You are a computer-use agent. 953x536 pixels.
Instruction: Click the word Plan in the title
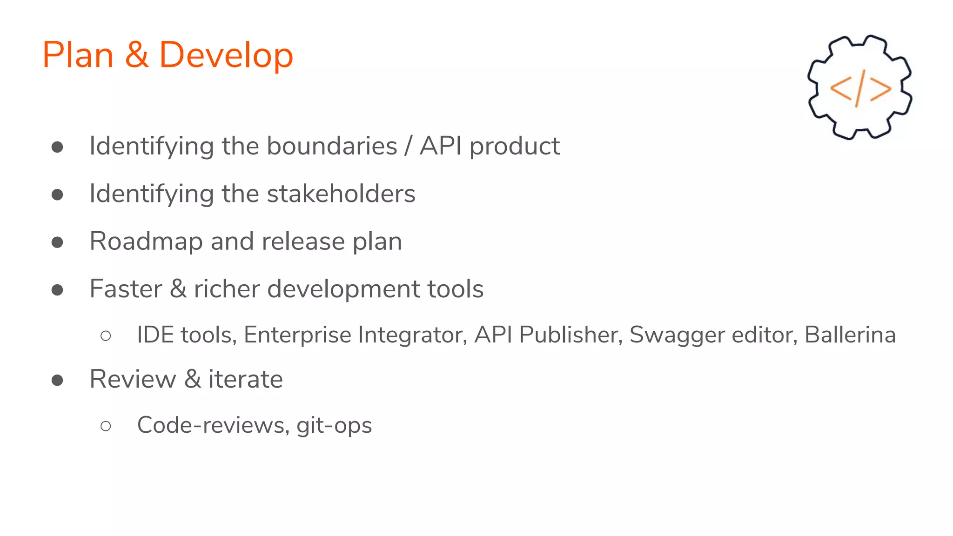(78, 55)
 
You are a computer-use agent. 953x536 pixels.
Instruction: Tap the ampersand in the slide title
(136, 55)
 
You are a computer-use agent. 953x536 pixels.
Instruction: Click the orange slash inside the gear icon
(860, 88)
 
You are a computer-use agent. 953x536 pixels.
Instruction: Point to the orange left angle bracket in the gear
(841, 88)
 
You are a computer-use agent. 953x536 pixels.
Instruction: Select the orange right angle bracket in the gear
(880, 89)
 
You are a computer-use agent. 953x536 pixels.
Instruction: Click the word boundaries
(332, 146)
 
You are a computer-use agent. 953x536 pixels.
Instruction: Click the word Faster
(126, 289)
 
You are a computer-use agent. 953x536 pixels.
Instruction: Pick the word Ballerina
(850, 335)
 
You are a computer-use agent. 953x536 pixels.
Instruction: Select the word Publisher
(571, 335)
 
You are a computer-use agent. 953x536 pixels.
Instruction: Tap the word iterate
(245, 379)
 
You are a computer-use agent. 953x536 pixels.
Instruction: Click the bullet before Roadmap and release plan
(57, 242)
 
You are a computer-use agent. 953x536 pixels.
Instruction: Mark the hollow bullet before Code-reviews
(106, 426)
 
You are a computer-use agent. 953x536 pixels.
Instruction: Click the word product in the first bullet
(514, 147)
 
